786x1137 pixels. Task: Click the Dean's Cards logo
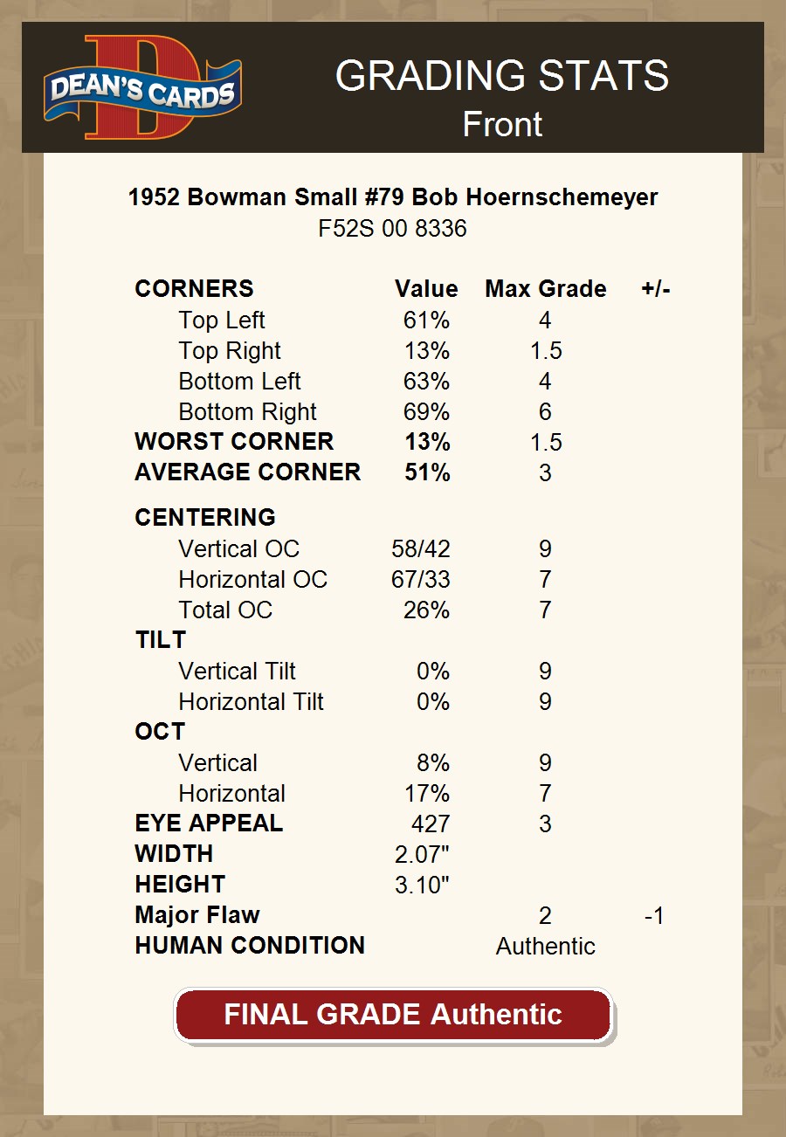point(142,87)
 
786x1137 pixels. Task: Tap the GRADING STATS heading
point(501,76)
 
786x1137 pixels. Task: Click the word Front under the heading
point(502,124)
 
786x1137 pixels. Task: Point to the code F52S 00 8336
point(393,229)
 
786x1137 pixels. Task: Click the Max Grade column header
point(545,289)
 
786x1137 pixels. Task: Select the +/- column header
point(655,289)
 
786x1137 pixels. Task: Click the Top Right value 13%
point(426,351)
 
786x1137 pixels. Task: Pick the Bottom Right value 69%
point(426,412)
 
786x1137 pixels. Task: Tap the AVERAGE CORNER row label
point(247,472)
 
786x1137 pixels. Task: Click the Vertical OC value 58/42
point(421,549)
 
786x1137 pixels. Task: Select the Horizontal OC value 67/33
point(421,580)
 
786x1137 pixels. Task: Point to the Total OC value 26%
point(426,610)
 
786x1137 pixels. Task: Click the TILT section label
point(161,640)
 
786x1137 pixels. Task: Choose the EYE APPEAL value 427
point(431,823)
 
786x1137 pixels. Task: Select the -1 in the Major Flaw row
point(653,915)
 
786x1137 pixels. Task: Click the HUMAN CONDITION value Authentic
point(545,946)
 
